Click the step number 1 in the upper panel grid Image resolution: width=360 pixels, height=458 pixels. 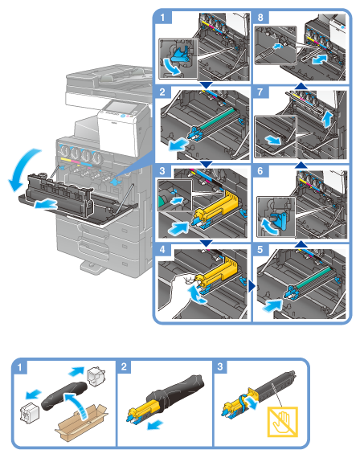[x=162, y=18]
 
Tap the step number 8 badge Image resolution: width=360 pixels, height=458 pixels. [x=260, y=18]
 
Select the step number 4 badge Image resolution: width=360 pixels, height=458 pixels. [x=162, y=250]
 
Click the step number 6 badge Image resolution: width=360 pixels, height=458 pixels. [x=260, y=171]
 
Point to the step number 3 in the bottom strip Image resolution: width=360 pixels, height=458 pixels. [x=220, y=366]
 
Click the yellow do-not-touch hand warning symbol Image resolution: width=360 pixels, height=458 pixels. [x=283, y=422]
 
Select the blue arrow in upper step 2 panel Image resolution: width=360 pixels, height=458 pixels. [x=179, y=145]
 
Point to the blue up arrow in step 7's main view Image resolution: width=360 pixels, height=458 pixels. [x=329, y=121]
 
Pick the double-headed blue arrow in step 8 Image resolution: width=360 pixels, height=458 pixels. [x=319, y=60]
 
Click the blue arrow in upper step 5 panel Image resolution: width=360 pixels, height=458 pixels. [x=272, y=306]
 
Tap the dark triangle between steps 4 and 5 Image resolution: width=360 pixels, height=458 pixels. [x=252, y=287]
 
